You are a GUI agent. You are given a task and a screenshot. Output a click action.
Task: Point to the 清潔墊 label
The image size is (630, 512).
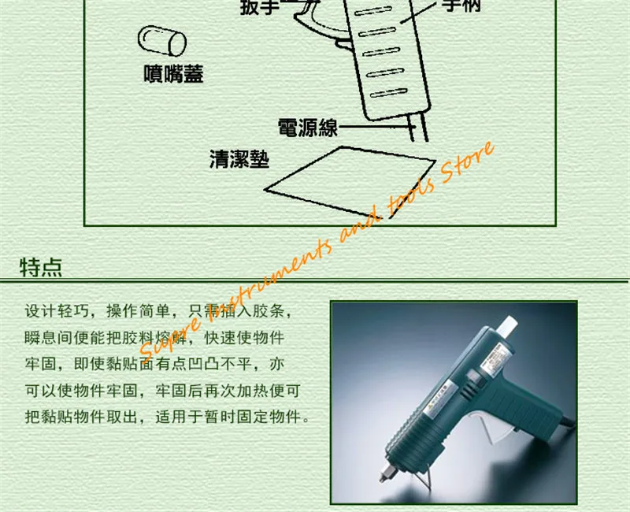239,160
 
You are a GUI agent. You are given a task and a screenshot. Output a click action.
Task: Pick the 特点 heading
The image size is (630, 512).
41,267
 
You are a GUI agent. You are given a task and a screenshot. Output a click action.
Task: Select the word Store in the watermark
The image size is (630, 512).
469,166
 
